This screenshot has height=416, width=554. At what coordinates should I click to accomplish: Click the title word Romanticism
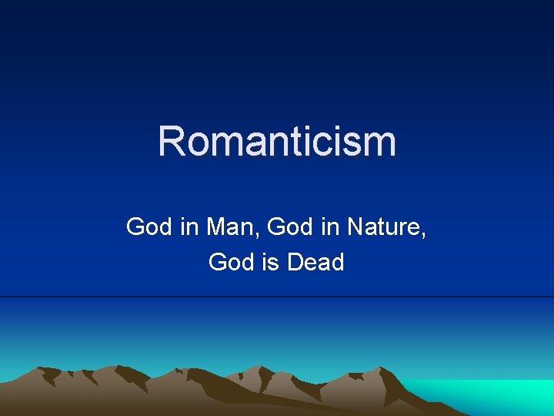click(x=277, y=141)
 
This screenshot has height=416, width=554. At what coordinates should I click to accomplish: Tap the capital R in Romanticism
click(x=172, y=141)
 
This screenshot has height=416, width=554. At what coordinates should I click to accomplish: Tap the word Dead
click(x=315, y=263)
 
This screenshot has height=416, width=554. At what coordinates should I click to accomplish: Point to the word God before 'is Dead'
click(x=231, y=263)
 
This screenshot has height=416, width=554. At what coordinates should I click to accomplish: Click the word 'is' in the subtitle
click(x=269, y=263)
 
